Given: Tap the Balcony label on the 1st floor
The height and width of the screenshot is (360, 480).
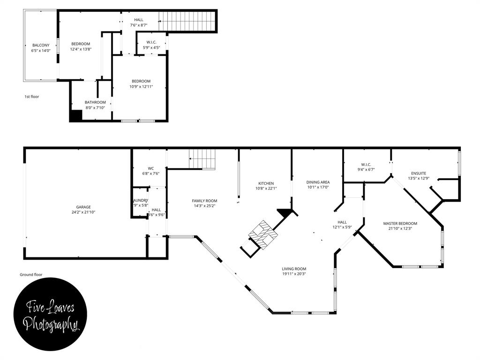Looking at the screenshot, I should [40, 45].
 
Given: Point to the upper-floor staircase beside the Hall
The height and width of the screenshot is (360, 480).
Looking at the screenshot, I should [187, 21].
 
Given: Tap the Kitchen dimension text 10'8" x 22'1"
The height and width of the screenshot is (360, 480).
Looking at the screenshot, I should [266, 188].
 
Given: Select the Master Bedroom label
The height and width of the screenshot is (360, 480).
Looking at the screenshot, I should [400, 224].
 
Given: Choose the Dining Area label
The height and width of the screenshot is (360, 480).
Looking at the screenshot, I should [318, 182].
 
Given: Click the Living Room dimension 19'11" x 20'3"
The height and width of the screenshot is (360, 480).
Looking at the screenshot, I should [294, 274].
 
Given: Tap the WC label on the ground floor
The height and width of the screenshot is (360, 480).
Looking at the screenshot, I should [150, 168].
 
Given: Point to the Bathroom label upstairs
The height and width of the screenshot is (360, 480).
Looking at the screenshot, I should [95, 102].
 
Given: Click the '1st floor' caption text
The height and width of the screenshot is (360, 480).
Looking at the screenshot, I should [32, 97].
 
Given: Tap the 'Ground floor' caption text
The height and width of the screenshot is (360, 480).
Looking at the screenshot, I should [31, 275].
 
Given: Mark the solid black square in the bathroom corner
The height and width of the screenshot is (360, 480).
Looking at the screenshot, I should [75, 116].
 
